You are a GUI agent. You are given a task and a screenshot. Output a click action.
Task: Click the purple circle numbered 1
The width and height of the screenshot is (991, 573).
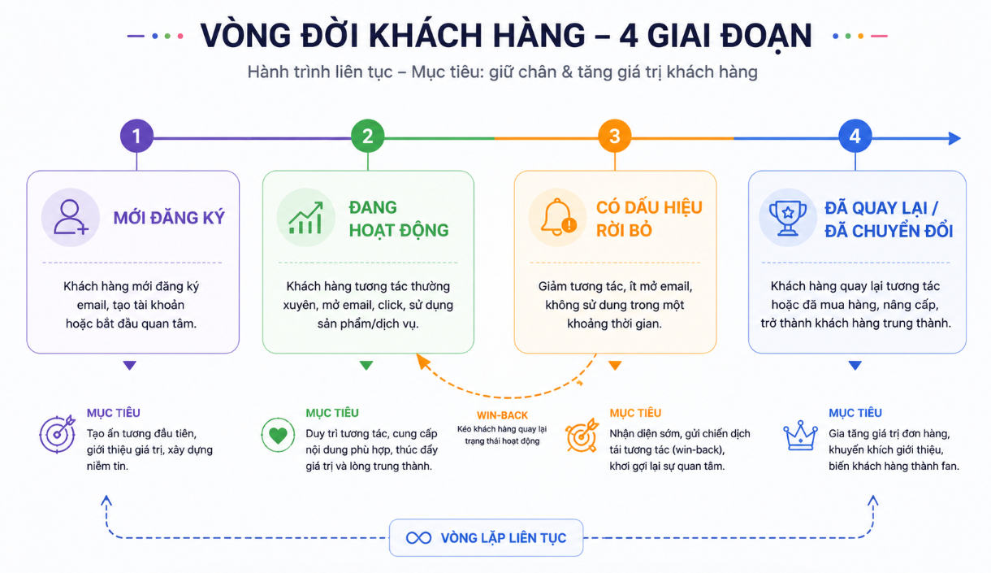click(136, 136)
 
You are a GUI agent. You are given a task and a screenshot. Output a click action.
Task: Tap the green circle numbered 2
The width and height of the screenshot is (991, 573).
click(368, 136)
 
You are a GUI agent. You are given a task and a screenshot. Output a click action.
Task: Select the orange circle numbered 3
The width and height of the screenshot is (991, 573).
click(615, 136)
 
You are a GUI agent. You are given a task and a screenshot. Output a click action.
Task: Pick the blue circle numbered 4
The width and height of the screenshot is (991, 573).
click(855, 136)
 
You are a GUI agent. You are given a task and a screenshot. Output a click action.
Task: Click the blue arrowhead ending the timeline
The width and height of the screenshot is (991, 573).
click(954, 139)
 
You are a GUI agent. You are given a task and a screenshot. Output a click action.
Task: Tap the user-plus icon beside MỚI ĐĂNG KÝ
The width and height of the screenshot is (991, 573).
click(71, 217)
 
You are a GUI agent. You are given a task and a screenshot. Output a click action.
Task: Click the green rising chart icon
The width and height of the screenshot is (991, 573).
click(305, 218)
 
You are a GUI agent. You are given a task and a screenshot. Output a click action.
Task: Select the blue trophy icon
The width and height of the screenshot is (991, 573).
click(787, 218)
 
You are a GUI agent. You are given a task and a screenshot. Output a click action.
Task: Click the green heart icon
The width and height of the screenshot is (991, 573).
click(278, 435)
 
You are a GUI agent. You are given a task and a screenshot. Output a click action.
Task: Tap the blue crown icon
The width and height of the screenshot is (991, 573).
click(800, 436)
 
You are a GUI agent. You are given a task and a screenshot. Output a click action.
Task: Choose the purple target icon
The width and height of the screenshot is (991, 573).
click(58, 434)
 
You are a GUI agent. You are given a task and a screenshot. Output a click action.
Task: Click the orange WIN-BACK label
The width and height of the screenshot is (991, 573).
click(502, 415)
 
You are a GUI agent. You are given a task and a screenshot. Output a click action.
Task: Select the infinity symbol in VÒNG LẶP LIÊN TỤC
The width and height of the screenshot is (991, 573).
click(418, 538)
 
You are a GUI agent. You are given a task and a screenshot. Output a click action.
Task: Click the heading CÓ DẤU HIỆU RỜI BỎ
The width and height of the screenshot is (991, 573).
click(649, 219)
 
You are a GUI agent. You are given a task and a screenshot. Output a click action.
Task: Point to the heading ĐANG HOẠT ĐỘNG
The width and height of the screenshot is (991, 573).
click(399, 219)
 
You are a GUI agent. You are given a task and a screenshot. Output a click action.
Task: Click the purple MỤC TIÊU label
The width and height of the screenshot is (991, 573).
click(113, 413)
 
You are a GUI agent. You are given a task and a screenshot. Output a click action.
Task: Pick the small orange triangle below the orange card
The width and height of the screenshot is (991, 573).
click(615, 365)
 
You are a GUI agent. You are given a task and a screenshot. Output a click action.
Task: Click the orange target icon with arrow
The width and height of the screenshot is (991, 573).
click(582, 436)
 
